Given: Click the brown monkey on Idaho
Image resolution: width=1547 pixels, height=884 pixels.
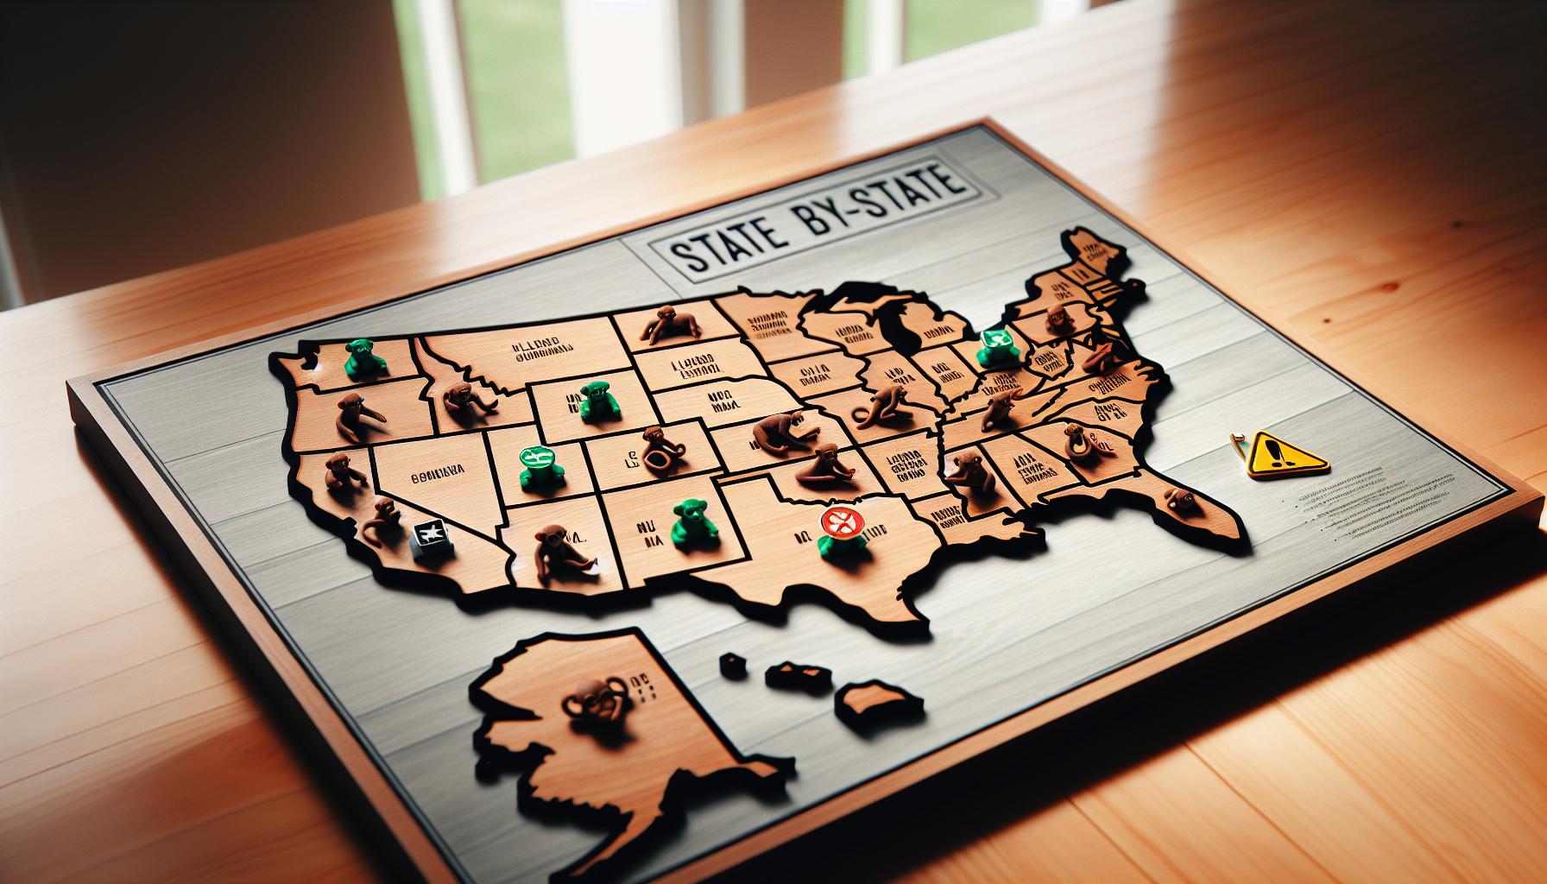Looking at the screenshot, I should [x=459, y=400].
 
